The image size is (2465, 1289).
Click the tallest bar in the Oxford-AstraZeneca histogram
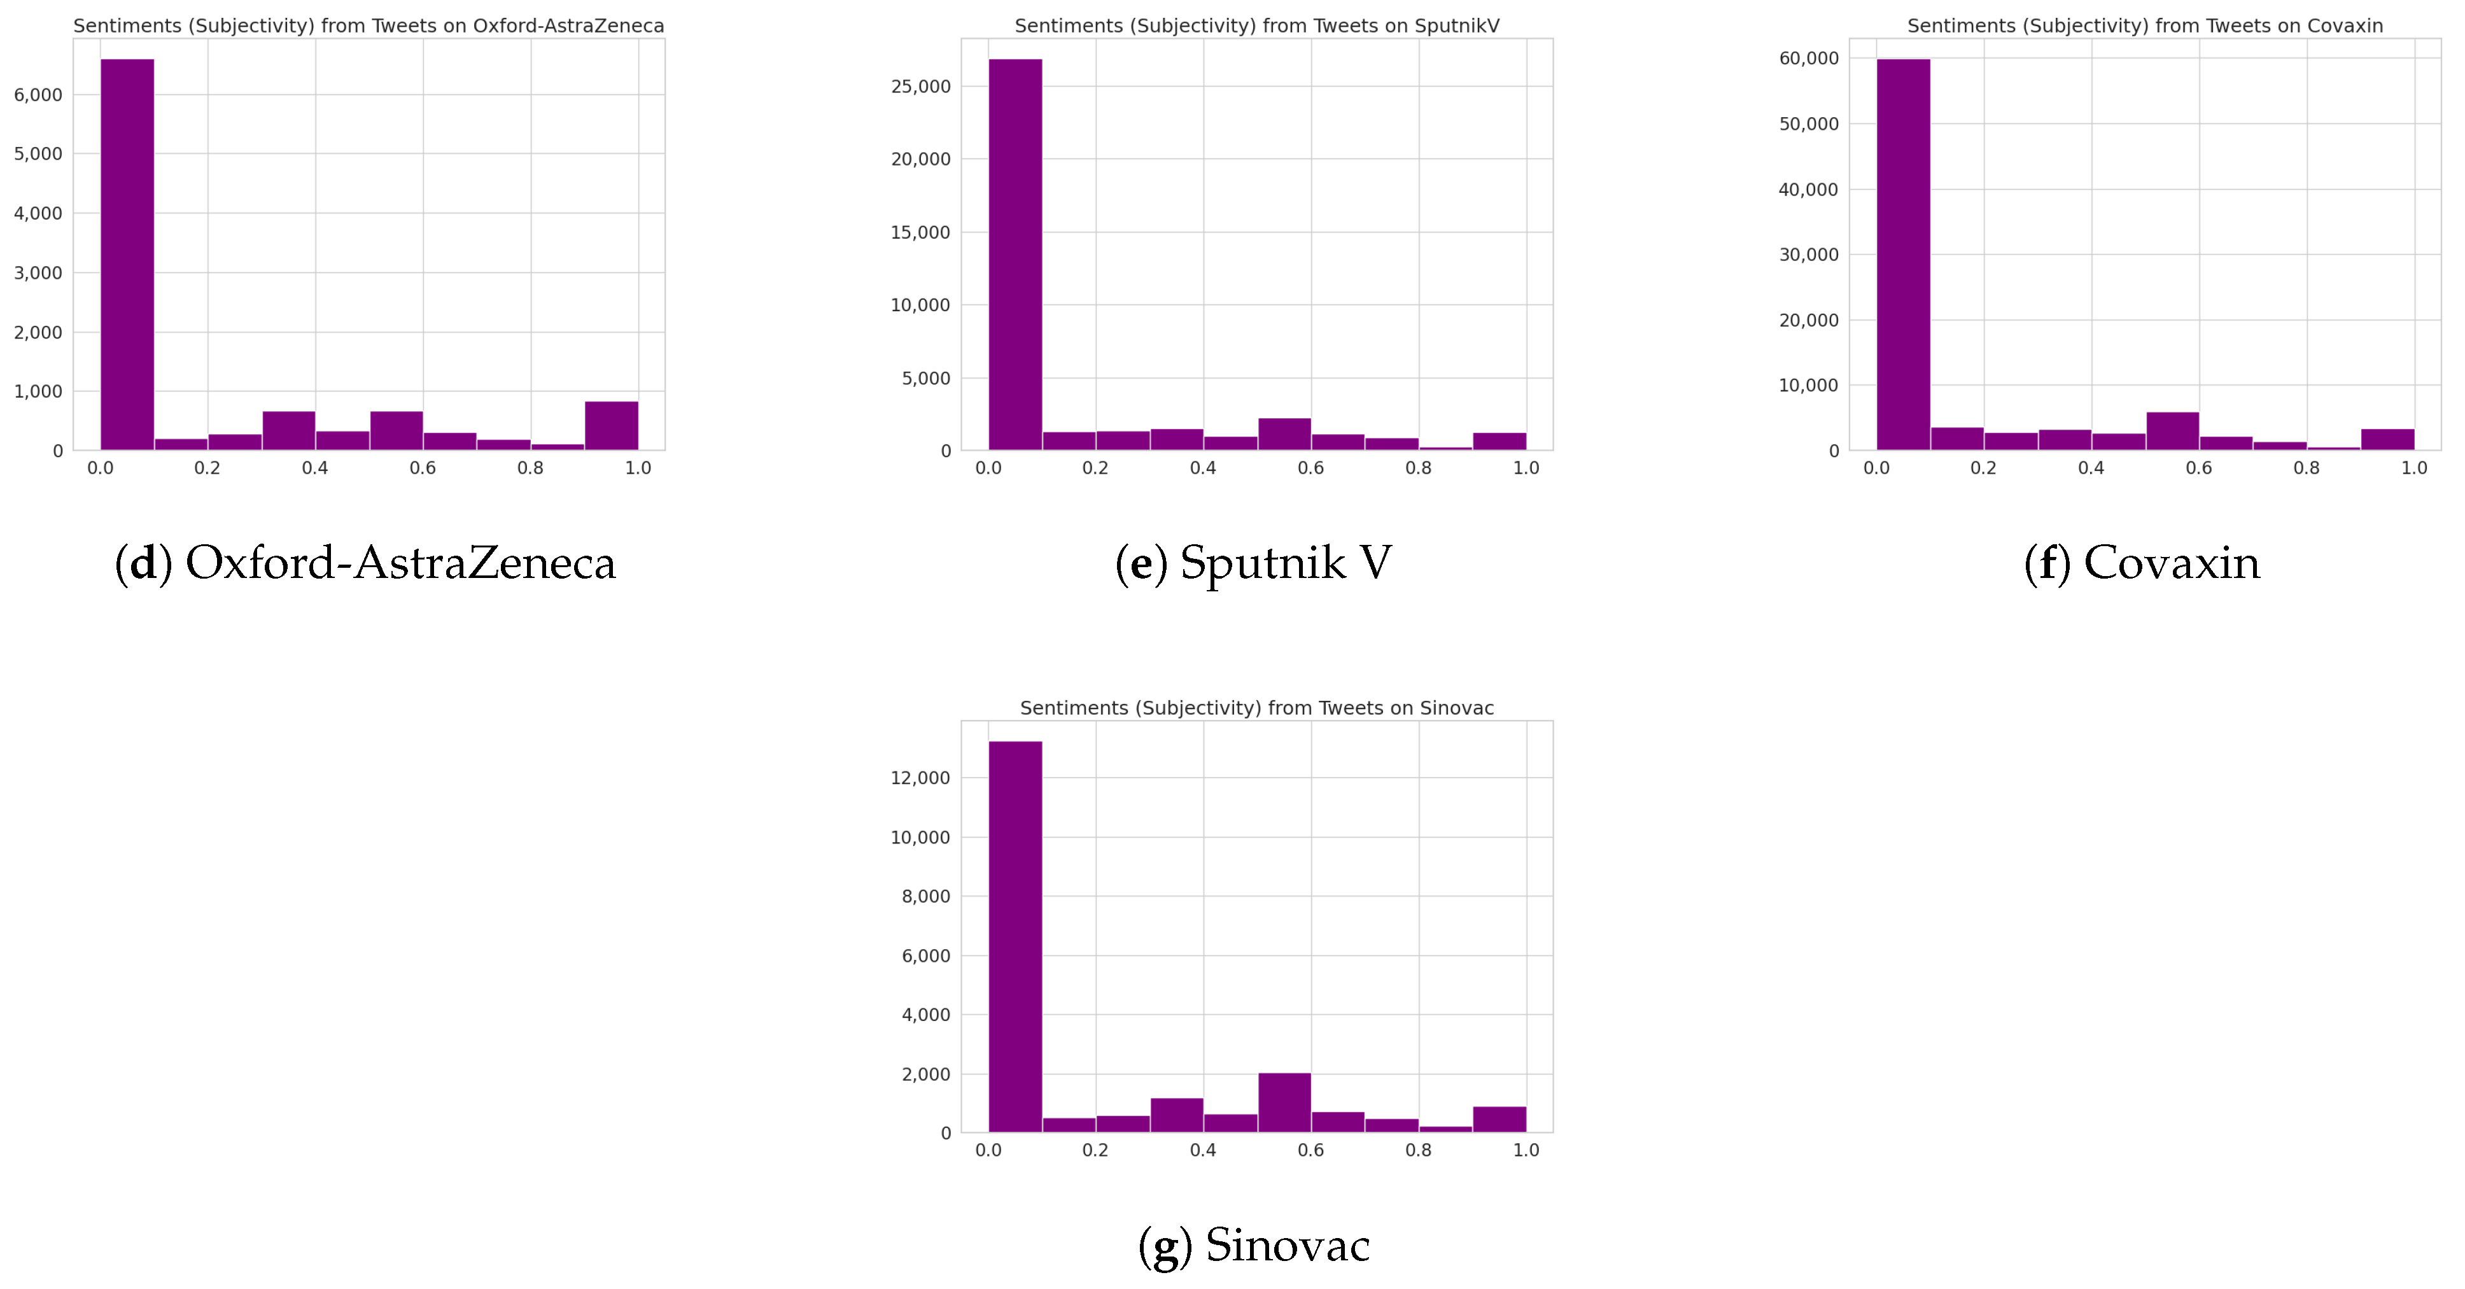[x=127, y=253]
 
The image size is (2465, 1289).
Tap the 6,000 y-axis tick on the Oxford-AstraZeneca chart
[x=38, y=95]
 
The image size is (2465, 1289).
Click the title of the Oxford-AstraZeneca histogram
[x=369, y=26]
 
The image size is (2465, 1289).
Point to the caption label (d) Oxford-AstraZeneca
[x=365, y=563]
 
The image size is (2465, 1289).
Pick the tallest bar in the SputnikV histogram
[x=1015, y=253]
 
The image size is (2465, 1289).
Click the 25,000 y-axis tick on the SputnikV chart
[x=920, y=87]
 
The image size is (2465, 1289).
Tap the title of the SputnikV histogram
[x=1256, y=26]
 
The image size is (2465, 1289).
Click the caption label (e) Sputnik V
[x=1253, y=563]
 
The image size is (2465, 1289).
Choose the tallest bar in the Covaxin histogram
[x=1903, y=253]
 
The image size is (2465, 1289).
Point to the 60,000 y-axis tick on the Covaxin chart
[x=1809, y=59]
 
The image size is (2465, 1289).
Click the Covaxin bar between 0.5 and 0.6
[x=2172, y=432]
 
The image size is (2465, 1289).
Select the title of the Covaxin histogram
[x=2144, y=26]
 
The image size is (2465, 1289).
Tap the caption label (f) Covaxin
[x=2142, y=563]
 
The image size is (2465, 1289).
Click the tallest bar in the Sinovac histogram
[x=1015, y=936]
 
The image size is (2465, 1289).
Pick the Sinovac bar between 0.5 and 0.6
[x=1284, y=1102]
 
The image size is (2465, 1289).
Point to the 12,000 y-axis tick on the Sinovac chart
[x=920, y=778]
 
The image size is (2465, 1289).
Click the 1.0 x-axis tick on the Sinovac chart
[x=1526, y=1150]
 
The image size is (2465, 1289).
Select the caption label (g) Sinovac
[x=1254, y=1245]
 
